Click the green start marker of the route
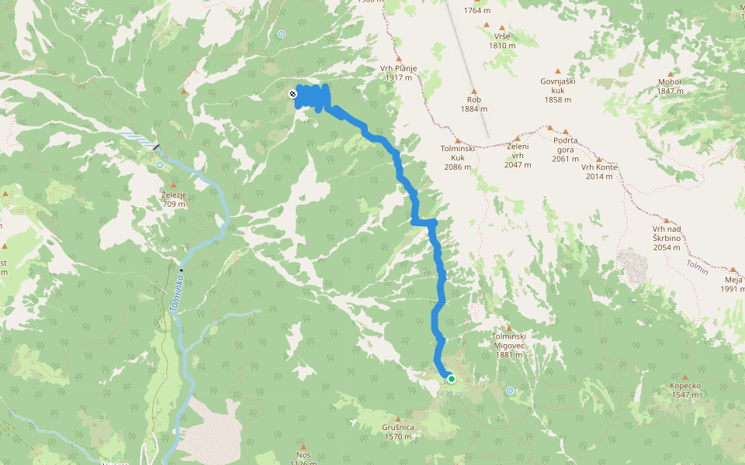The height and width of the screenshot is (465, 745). pyautogui.click(x=451, y=379)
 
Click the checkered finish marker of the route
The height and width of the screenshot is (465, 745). pyautogui.click(x=293, y=94)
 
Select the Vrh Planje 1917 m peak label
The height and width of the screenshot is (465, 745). pyautogui.click(x=399, y=73)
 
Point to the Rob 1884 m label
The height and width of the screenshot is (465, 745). pyautogui.click(x=473, y=104)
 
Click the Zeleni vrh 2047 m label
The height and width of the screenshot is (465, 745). pyautogui.click(x=516, y=155)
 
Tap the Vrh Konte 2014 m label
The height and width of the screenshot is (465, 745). pyautogui.click(x=598, y=172)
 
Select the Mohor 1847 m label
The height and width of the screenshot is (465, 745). pyautogui.click(x=670, y=85)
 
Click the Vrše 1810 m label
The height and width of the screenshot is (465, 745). pyautogui.click(x=502, y=40)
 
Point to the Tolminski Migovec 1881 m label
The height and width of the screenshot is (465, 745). pyautogui.click(x=509, y=345)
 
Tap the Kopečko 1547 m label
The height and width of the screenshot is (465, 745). pyautogui.click(x=686, y=390)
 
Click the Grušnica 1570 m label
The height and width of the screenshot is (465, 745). pyautogui.click(x=397, y=432)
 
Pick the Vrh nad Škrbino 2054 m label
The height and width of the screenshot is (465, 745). pyautogui.click(x=667, y=237)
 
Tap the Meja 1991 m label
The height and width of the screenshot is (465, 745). pyautogui.click(x=733, y=284)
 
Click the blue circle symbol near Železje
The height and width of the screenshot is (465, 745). pyautogui.click(x=159, y=165)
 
